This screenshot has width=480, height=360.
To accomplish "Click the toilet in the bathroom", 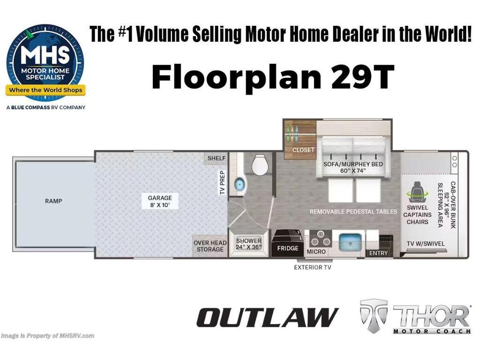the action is coord(260,165).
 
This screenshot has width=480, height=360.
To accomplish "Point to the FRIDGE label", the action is coord(287,248).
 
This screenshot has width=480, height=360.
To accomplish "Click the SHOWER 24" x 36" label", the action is coord(248,244).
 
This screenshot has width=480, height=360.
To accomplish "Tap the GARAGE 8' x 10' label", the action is coord(160,202).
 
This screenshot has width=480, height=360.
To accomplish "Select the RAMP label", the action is coord(53,201).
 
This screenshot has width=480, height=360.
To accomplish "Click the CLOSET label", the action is coord(303,150).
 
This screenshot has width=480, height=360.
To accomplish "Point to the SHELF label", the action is coord(217,158).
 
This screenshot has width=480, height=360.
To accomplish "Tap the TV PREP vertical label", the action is coord(223,182).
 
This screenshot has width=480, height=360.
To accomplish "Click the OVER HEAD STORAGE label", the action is coord(210,246).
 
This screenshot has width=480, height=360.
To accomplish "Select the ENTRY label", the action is coord(378,253).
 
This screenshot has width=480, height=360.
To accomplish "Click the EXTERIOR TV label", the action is coord(313,268).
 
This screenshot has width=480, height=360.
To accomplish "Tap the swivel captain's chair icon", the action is coord(417,192).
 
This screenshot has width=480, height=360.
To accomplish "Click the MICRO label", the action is coord(316,252).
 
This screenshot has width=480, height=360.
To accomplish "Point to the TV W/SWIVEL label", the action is coord(426,244).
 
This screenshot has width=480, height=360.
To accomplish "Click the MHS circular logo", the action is coord(45,63).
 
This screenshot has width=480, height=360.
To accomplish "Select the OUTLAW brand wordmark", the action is coord(268,317).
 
